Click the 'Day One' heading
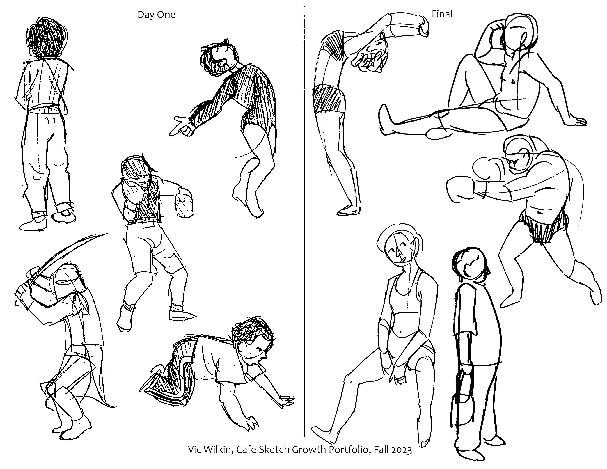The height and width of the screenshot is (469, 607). (x=157, y=15)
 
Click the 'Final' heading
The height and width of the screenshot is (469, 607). (x=442, y=14)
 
